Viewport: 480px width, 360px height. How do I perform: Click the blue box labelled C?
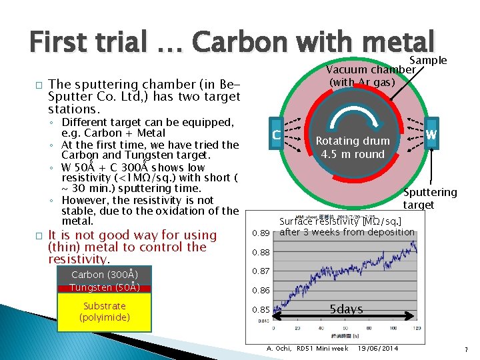click(275, 136)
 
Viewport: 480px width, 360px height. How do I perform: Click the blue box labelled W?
click(431, 135)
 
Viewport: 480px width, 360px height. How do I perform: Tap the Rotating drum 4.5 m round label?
click(353, 147)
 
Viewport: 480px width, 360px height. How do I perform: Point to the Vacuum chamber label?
click(370, 69)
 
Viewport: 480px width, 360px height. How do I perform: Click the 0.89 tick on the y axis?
click(261, 233)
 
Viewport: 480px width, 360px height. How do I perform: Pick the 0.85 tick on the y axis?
click(261, 309)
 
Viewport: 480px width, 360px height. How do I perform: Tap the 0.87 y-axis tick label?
click(261, 271)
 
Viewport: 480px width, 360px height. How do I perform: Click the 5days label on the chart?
click(346, 309)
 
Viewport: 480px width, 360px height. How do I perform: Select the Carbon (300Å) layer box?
click(105, 274)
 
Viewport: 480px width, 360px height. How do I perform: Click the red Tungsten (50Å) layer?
click(105, 287)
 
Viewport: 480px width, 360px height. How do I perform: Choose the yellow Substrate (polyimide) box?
click(105, 311)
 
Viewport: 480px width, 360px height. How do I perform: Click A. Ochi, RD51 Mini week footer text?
click(307, 349)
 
